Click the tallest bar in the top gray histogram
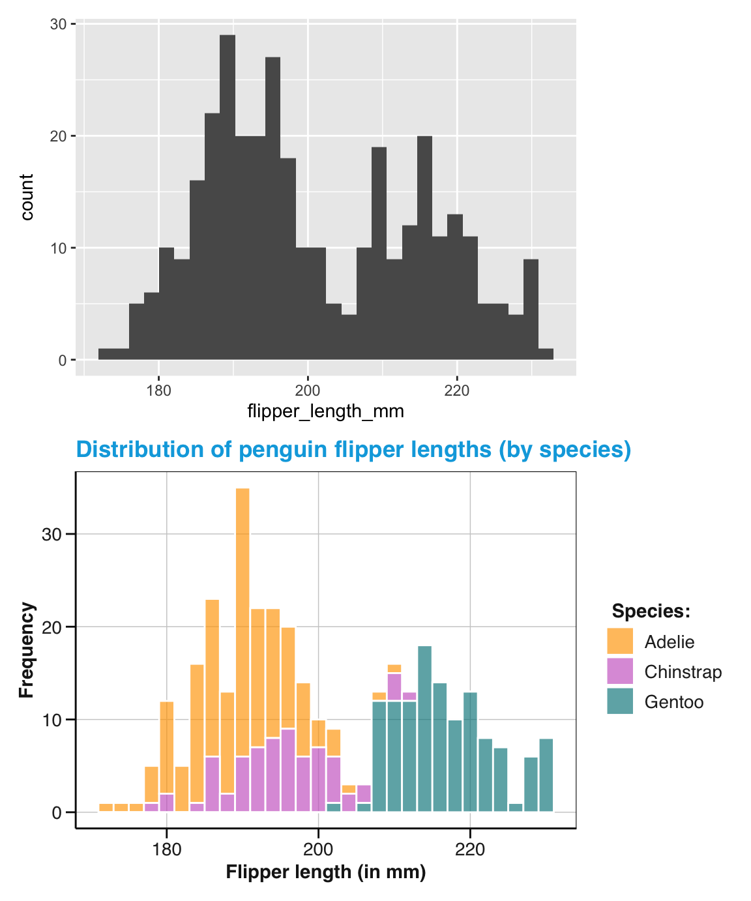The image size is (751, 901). click(x=227, y=196)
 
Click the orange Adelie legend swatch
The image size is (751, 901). click(x=619, y=642)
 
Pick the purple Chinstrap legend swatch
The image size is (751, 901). click(x=619, y=672)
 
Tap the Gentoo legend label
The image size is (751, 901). click(x=673, y=702)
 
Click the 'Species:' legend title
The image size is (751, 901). click(x=651, y=612)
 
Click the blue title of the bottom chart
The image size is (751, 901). click(x=353, y=450)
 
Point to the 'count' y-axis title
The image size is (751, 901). click(x=26, y=197)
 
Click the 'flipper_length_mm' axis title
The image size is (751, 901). click(x=325, y=411)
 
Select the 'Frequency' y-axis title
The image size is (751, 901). click(x=26, y=650)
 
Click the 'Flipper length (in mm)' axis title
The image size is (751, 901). click(x=325, y=872)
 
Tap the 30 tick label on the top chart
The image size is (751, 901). click(x=59, y=24)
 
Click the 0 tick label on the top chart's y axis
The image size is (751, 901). click(x=63, y=361)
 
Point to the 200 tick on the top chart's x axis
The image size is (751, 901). click(x=308, y=391)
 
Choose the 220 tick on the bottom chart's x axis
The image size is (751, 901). click(x=470, y=850)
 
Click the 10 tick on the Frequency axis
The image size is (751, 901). click(x=51, y=720)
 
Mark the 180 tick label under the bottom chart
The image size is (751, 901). click(x=167, y=850)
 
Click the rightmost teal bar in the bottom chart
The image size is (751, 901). click(x=546, y=775)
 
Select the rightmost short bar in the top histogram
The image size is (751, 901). click(x=546, y=354)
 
